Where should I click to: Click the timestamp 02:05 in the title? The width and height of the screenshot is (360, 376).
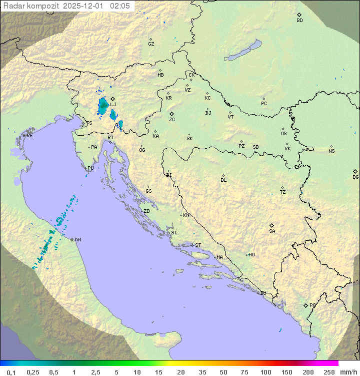click(x=120, y=6)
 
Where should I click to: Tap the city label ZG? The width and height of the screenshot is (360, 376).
click(x=172, y=120)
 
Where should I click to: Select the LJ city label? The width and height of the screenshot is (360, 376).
click(x=113, y=104)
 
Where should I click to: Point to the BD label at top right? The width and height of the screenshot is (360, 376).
click(x=299, y=21)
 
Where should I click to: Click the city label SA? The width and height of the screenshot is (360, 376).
click(x=272, y=231)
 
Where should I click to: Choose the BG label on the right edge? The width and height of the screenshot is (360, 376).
click(x=355, y=177)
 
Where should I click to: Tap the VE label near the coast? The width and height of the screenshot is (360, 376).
click(x=29, y=136)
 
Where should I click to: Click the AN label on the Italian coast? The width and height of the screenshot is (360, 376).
click(x=77, y=240)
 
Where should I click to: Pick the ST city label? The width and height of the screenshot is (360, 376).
click(x=198, y=245)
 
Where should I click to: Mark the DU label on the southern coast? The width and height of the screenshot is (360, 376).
click(x=262, y=293)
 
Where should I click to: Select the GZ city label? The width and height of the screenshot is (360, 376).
click(x=151, y=44)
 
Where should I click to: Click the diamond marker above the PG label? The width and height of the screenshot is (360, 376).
click(x=305, y=305)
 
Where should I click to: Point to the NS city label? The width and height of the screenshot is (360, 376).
click(x=331, y=151)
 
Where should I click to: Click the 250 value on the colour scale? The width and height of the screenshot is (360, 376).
click(x=329, y=372)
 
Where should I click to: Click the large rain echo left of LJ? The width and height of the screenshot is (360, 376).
click(x=103, y=105)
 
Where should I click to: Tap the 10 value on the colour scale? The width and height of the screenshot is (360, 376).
click(x=137, y=372)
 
